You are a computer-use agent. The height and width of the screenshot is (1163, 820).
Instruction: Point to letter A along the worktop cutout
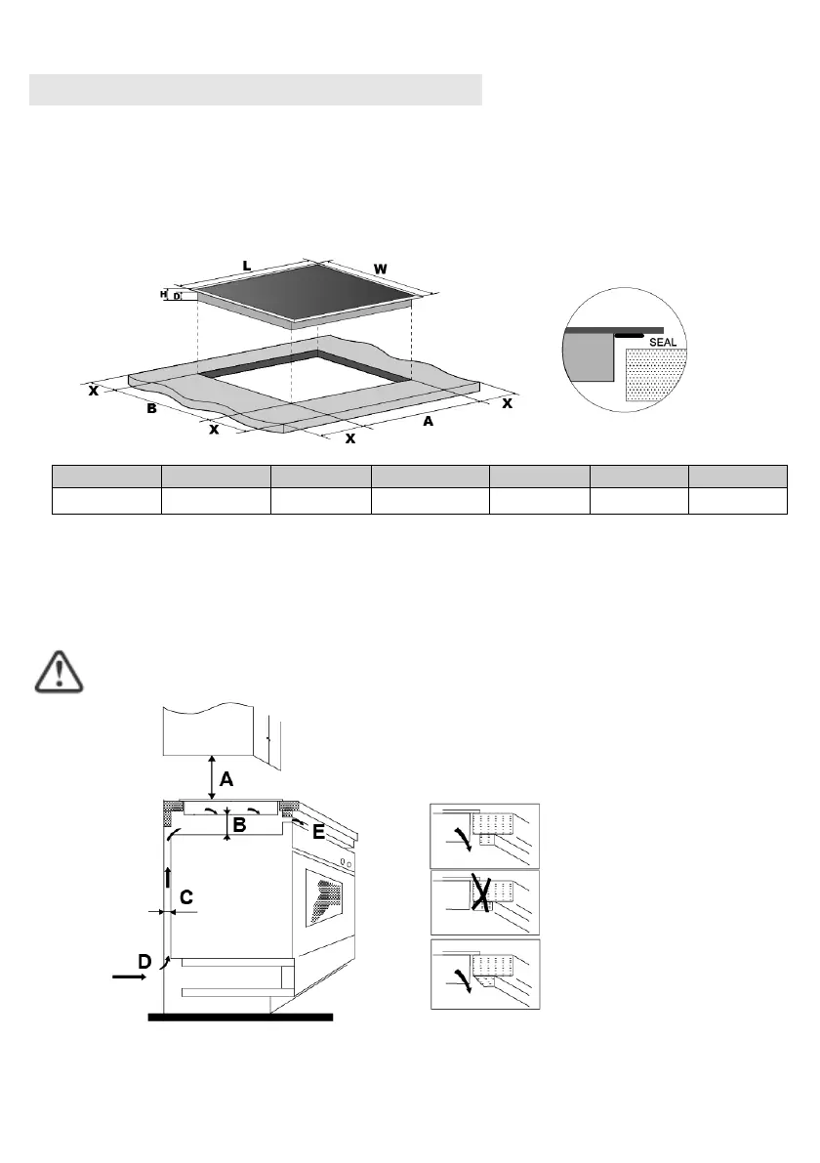[428, 423]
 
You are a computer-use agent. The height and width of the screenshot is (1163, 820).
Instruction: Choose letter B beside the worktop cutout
[151, 409]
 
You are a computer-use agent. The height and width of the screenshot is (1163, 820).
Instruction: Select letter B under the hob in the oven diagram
[239, 825]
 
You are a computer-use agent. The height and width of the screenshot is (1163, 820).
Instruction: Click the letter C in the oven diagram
[185, 895]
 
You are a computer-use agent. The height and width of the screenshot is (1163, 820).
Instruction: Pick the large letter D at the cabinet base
[143, 962]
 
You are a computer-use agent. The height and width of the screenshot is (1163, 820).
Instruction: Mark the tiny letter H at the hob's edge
[164, 293]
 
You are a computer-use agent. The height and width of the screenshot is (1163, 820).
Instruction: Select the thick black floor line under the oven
[240, 1017]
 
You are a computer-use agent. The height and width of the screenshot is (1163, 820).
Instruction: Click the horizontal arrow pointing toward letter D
[125, 975]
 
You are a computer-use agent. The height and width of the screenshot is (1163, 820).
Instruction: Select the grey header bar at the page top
[256, 88]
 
